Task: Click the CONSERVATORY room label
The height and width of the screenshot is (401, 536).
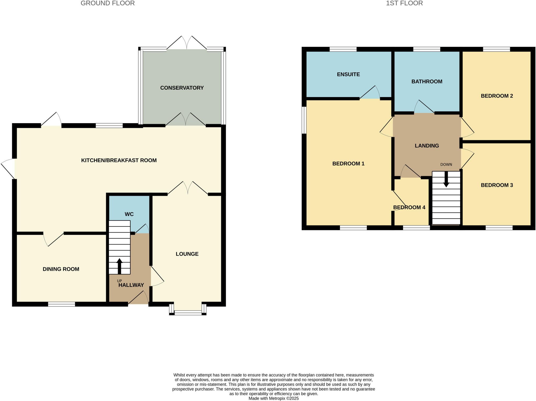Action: pos(182,88)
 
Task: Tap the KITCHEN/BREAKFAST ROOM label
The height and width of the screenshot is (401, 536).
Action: pos(119,160)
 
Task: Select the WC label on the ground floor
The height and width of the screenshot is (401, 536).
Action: pos(129,214)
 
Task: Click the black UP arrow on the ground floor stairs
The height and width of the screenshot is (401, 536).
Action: pos(119,266)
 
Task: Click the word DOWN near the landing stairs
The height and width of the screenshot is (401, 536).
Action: pos(446,165)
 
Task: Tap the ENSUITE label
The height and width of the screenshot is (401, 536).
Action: pos(348,74)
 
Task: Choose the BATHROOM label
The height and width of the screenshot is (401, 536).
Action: pos(427,81)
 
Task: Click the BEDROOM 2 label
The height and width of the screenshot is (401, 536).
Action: pos(496,96)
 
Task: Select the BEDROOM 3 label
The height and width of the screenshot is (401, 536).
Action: pos(496,185)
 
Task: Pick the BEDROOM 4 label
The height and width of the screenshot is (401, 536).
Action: pos(409,207)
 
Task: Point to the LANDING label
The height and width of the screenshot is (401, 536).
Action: pos(427,146)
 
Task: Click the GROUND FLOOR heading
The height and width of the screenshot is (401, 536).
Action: pos(108,3)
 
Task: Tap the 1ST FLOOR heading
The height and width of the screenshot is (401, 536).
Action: pos(404,3)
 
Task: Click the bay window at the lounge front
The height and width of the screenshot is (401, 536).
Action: pos(188,312)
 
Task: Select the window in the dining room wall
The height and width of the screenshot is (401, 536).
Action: pos(62,304)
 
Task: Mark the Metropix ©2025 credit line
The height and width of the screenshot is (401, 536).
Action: pos(273,399)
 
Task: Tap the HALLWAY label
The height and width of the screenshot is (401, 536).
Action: pos(131,285)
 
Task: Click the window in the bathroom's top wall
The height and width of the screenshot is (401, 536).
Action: pos(427,49)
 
